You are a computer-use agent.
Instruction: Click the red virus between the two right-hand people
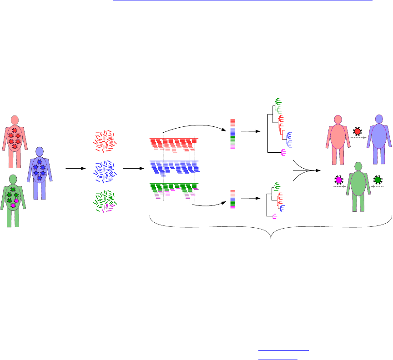[x=358, y=132]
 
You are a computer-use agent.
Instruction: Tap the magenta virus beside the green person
[x=338, y=180]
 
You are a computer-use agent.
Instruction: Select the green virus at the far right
[x=378, y=180]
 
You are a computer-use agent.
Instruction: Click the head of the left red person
[x=15, y=120]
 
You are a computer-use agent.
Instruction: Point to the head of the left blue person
[x=40, y=151]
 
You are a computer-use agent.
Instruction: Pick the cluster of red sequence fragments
[x=105, y=140]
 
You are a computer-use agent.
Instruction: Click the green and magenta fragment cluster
[x=105, y=201]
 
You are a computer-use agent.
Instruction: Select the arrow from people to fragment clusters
[x=76, y=169]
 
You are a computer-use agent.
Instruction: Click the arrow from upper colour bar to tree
[x=250, y=131]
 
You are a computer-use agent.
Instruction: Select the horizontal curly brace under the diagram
[x=271, y=231]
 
